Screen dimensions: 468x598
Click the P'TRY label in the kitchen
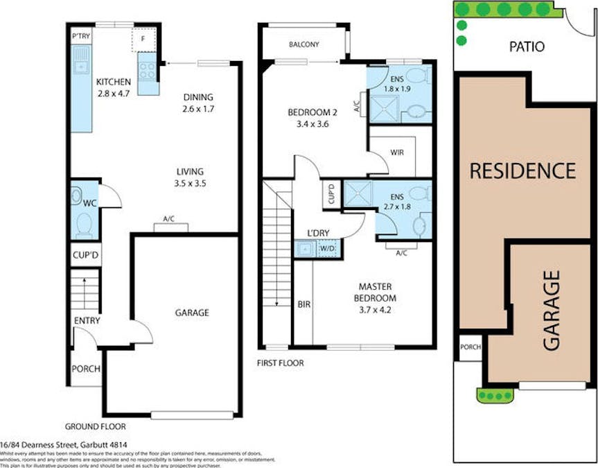click(80, 36)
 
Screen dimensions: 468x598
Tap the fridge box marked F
click(143, 40)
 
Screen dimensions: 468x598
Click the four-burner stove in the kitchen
click(148, 69)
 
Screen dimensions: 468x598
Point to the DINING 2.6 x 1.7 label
click(198, 103)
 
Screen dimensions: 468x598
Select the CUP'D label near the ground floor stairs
click(86, 255)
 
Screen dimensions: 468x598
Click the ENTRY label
click(87, 320)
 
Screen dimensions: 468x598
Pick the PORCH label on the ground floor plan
click(86, 369)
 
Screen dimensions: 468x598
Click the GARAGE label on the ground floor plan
click(191, 313)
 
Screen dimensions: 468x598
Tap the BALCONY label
click(304, 45)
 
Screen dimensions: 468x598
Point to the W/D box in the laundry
click(326, 248)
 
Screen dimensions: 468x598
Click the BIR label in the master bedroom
click(304, 304)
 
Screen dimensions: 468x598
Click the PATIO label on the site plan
click(527, 47)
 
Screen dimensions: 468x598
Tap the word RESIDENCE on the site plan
click(523, 171)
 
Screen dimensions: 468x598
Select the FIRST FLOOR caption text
click(280, 363)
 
